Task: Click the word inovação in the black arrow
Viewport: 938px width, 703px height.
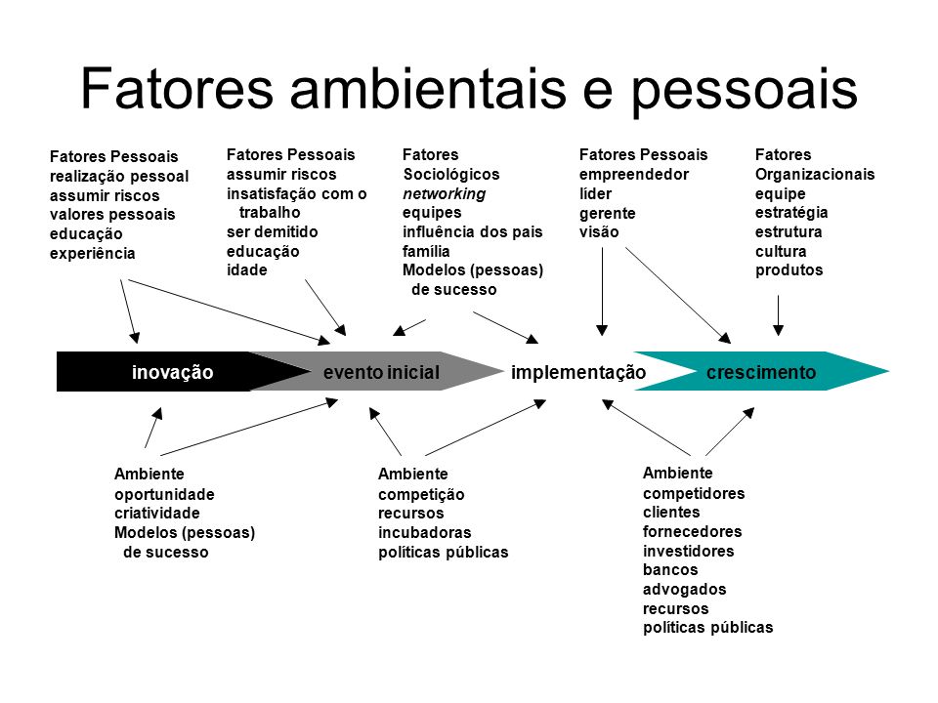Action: point(172,372)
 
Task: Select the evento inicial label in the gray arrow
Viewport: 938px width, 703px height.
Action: point(382,372)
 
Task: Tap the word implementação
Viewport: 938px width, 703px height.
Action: point(578,372)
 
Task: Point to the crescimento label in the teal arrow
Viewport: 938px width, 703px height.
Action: point(761,372)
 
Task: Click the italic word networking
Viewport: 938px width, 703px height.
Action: point(444,194)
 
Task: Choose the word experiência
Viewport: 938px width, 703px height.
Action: point(93,254)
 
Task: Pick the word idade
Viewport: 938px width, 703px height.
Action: point(247,270)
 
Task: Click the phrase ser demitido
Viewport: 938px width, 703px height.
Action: point(273,232)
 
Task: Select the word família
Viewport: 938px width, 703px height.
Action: point(426,251)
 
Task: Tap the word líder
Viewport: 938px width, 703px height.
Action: point(595,194)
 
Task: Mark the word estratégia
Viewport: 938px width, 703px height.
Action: point(791,213)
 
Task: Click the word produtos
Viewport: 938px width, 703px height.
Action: point(789,270)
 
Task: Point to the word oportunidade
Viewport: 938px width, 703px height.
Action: point(164,494)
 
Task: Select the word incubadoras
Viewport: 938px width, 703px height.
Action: point(425,533)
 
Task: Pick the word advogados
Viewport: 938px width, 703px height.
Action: point(684,590)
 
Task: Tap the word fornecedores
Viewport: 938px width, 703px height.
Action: point(692,531)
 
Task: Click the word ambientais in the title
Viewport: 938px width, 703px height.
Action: point(428,90)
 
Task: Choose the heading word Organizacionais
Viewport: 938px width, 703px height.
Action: point(815,175)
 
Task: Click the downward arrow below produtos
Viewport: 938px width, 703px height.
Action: point(779,315)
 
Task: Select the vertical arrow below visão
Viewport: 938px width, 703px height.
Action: point(603,292)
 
